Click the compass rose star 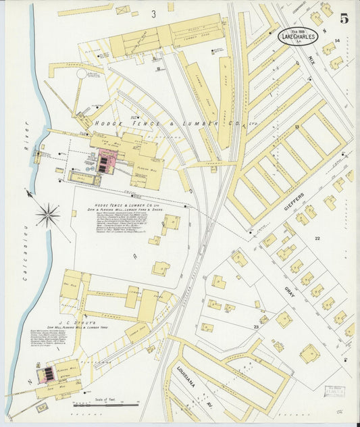48,216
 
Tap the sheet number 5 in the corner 344,19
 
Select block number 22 315,238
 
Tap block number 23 256,326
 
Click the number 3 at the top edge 154,14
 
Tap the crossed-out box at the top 122,10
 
